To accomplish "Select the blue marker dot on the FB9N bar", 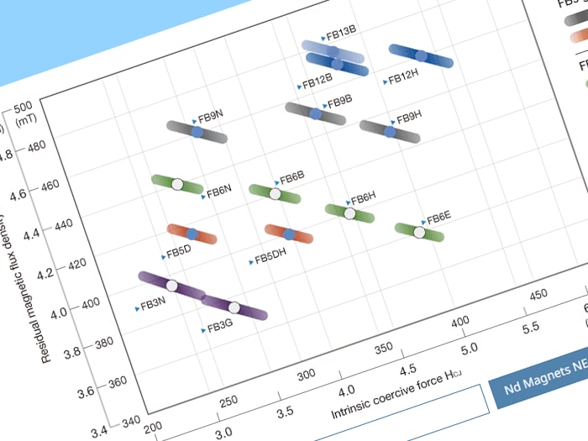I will (197, 132).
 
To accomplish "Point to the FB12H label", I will (402, 79).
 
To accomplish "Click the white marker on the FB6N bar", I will (177, 184).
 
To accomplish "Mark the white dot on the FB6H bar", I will (350, 213).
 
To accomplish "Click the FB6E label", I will (438, 219).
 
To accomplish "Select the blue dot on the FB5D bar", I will (192, 234).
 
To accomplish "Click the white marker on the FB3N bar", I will (171, 286).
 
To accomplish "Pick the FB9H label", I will (408, 116).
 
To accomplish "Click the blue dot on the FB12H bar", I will (422, 56).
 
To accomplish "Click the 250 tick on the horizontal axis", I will (227, 402).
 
